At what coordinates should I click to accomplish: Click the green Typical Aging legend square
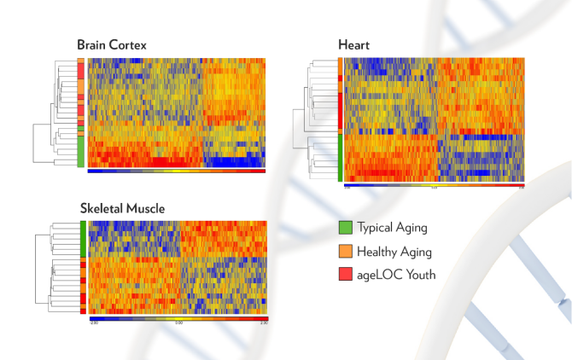pos(346,228)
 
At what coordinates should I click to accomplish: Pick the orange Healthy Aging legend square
pos(346,251)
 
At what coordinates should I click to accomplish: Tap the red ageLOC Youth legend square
pos(346,274)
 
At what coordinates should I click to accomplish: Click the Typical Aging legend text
pos(392,228)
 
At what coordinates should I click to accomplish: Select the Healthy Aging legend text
pos(394,251)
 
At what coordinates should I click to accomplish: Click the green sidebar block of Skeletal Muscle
pos(83,239)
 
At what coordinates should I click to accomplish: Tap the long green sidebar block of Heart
pos(339,157)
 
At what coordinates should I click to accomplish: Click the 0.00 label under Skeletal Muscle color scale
pos(178,323)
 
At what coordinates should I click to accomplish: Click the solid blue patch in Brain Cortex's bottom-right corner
pos(231,161)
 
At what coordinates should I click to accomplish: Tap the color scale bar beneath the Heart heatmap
pos(434,183)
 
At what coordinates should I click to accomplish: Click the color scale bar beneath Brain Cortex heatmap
pos(176,171)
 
